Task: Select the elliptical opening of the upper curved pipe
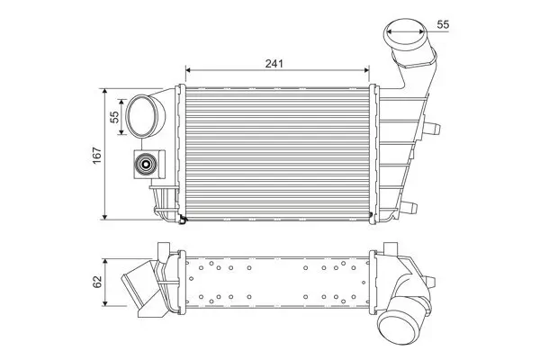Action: pos(406,37)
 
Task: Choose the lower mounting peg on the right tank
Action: pos(410,206)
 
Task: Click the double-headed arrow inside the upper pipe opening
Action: pos(406,37)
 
